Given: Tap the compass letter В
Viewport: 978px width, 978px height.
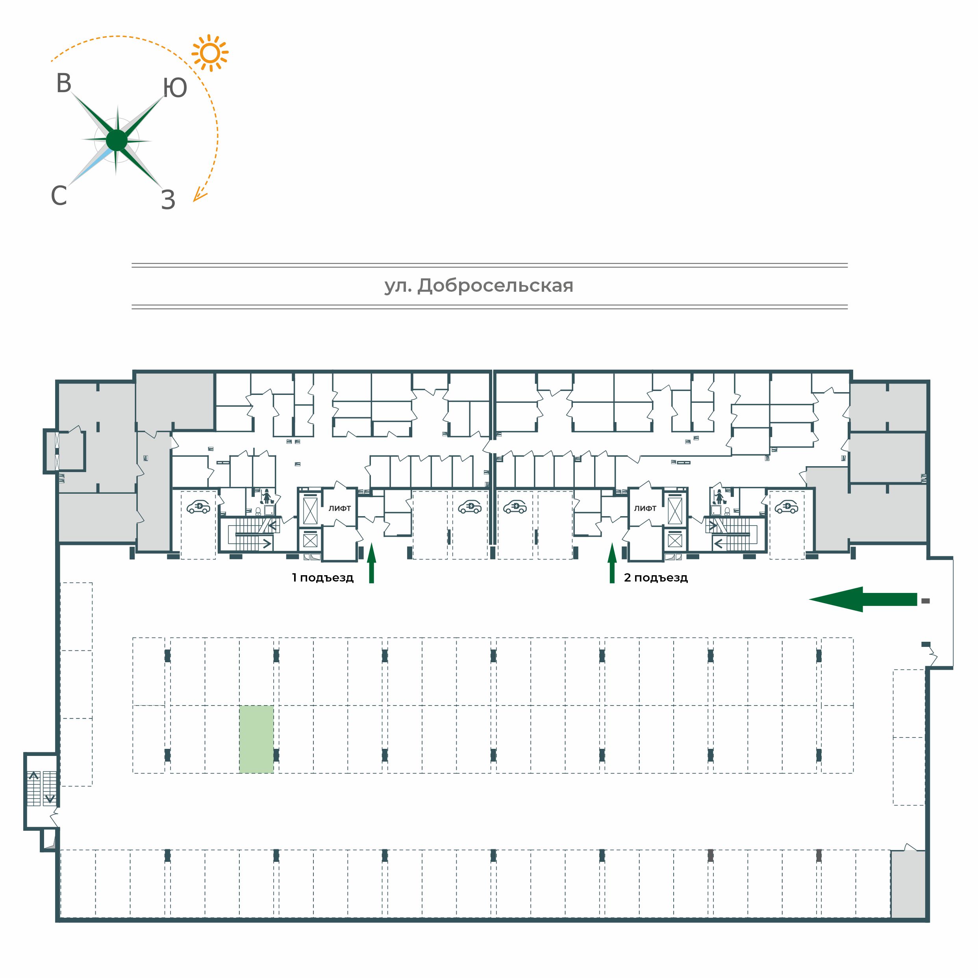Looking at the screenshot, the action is tap(64, 83).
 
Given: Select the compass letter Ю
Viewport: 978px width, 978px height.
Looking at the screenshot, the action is tap(175, 88).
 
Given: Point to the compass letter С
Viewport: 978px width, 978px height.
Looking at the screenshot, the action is tap(59, 195).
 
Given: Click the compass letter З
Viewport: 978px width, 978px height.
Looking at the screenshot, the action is tap(168, 200).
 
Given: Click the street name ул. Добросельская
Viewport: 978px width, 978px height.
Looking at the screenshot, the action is tap(479, 286).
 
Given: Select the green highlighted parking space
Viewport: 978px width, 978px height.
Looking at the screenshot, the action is tap(257, 739).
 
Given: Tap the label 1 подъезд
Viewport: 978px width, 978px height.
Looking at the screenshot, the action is tap(322, 578).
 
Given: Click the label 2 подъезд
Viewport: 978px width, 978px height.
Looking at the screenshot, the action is tap(656, 578).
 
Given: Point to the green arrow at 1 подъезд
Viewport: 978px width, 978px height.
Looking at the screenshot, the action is tap(372, 563).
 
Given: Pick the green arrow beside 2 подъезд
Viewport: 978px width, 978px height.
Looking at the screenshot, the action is tap(612, 563).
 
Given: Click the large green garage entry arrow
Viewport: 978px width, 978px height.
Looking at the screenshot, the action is tap(863, 599).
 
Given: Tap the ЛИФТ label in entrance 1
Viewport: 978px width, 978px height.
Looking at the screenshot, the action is tap(340, 508).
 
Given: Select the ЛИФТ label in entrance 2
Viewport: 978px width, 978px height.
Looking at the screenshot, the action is tap(645, 508).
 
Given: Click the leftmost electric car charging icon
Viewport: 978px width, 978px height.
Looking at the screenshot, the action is tap(198, 507).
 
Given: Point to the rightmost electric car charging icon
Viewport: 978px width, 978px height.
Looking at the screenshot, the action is tap(787, 507).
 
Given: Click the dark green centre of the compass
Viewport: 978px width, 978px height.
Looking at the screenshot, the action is tap(117, 140).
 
